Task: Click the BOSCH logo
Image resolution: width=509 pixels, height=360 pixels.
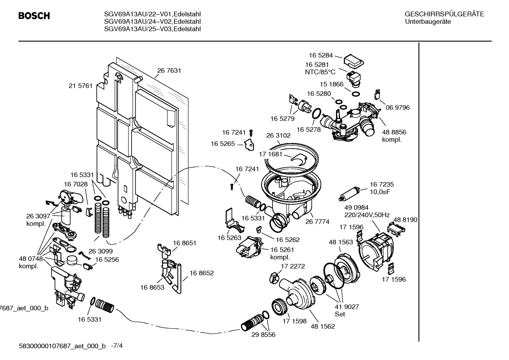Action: point(34,16)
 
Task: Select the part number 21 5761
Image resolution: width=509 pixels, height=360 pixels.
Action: point(80,86)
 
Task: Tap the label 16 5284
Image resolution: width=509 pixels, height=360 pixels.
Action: point(321,55)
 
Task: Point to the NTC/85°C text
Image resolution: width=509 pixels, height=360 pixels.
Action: point(320,72)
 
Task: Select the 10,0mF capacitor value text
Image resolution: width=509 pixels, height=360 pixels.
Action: point(380,192)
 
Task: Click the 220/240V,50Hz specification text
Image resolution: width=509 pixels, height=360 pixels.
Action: point(367,215)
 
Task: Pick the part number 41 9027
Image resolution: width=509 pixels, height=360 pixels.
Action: point(347,307)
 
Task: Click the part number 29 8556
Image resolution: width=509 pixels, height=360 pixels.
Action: point(263,335)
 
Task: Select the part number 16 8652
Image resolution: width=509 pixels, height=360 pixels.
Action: point(202,273)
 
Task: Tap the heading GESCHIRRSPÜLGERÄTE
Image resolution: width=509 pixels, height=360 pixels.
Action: point(444,14)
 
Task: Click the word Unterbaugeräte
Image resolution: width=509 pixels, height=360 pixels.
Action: point(428,22)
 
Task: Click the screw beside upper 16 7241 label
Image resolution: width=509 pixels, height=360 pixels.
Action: point(251,133)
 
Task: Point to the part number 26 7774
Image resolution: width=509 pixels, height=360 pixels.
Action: point(317,222)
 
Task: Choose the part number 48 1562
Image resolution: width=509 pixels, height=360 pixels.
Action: point(323,326)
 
